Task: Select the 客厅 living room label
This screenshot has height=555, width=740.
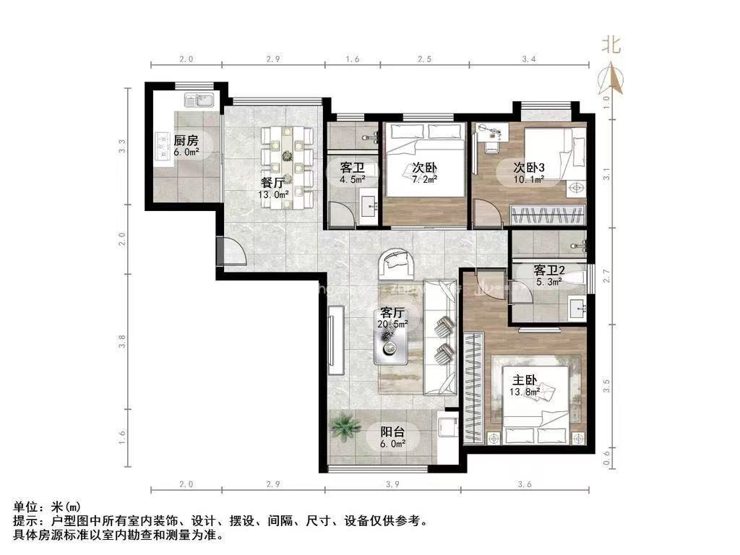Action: point(392,314)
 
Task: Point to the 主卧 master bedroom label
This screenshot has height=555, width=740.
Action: point(525,379)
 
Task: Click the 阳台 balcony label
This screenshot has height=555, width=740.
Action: point(393,433)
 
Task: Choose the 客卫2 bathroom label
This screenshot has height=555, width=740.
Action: point(548,270)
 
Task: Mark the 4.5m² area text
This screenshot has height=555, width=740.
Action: point(352,179)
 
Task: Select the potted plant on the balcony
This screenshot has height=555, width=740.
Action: point(345,427)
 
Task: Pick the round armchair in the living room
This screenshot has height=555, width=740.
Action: point(397,263)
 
